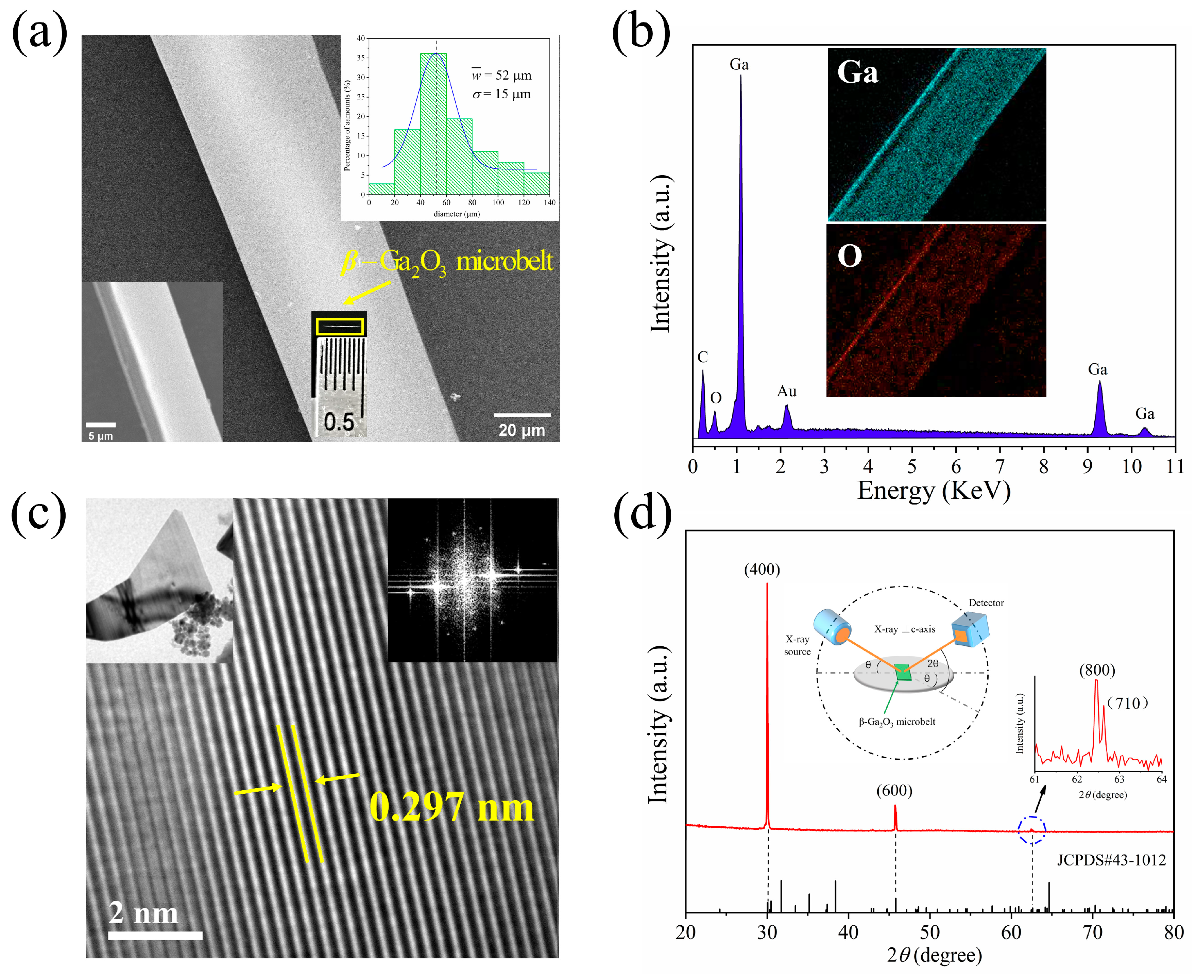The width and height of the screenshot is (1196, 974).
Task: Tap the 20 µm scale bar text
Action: (x=522, y=430)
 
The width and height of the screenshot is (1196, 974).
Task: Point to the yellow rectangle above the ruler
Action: (x=339, y=326)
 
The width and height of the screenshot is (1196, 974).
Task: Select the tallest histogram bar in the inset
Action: (x=433, y=123)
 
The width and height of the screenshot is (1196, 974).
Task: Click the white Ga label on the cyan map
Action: (x=857, y=72)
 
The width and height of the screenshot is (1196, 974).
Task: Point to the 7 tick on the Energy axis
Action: (x=1000, y=466)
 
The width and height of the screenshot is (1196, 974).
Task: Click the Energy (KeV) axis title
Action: (x=934, y=491)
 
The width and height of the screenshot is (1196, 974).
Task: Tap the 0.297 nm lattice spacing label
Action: (x=451, y=807)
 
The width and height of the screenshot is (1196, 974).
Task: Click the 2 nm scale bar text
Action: (x=143, y=913)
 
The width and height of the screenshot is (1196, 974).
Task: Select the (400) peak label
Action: (x=762, y=569)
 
